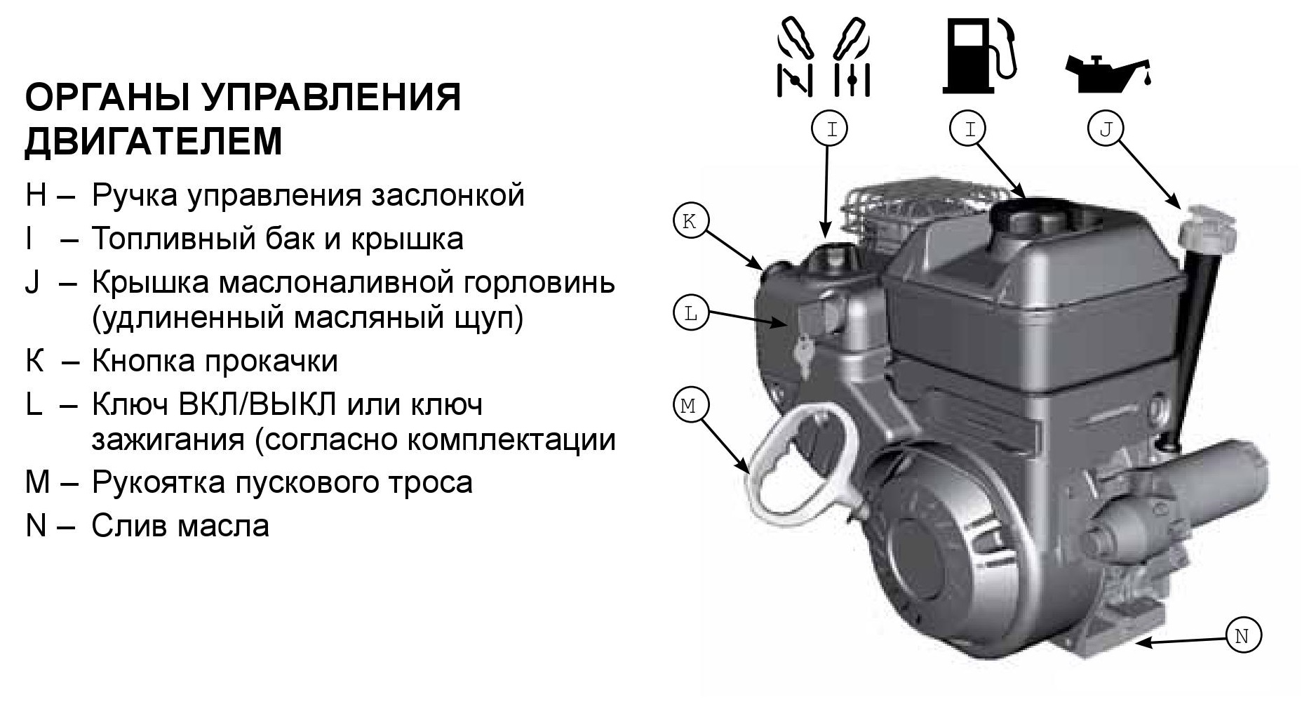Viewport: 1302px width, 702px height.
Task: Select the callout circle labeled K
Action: tap(690, 222)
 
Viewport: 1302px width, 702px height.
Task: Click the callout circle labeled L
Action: tap(690, 314)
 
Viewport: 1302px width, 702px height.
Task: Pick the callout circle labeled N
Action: tap(1242, 636)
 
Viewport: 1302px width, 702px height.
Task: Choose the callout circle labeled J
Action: tap(1106, 129)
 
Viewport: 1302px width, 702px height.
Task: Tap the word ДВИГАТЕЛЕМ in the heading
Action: tap(154, 141)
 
